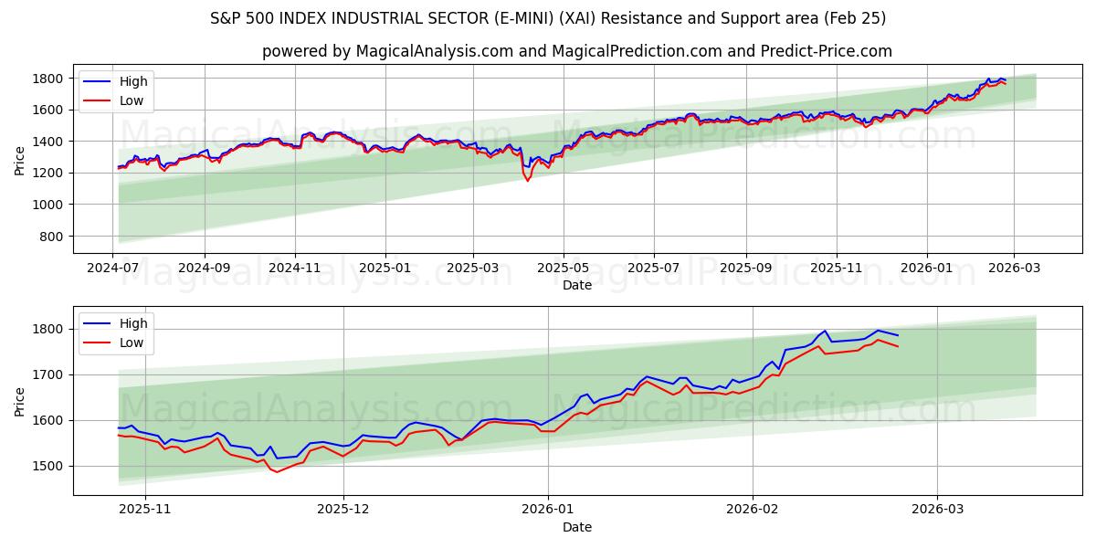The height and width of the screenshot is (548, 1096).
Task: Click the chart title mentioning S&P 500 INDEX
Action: [547, 18]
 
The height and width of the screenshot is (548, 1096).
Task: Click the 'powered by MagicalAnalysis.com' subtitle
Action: [576, 51]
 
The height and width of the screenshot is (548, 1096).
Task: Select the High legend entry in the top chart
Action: [133, 81]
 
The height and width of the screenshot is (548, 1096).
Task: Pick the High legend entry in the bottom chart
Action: [133, 323]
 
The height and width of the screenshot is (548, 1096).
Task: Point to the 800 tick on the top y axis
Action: [53, 237]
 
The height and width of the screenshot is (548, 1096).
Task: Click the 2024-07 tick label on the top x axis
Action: [113, 268]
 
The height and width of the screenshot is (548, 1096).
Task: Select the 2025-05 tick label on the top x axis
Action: [564, 268]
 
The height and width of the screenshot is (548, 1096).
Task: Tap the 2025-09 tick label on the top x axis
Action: [745, 268]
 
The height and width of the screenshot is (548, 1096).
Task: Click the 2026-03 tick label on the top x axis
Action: [1014, 268]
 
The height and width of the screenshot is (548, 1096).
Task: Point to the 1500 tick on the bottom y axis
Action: [49, 466]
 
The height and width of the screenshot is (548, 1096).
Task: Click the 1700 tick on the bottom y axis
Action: [49, 374]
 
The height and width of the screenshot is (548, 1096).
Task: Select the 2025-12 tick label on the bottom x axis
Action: [344, 510]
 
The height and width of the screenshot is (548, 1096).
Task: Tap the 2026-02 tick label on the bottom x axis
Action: [753, 510]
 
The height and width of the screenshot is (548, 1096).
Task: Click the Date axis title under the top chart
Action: [576, 285]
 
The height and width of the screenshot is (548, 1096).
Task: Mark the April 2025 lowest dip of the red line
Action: [527, 180]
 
